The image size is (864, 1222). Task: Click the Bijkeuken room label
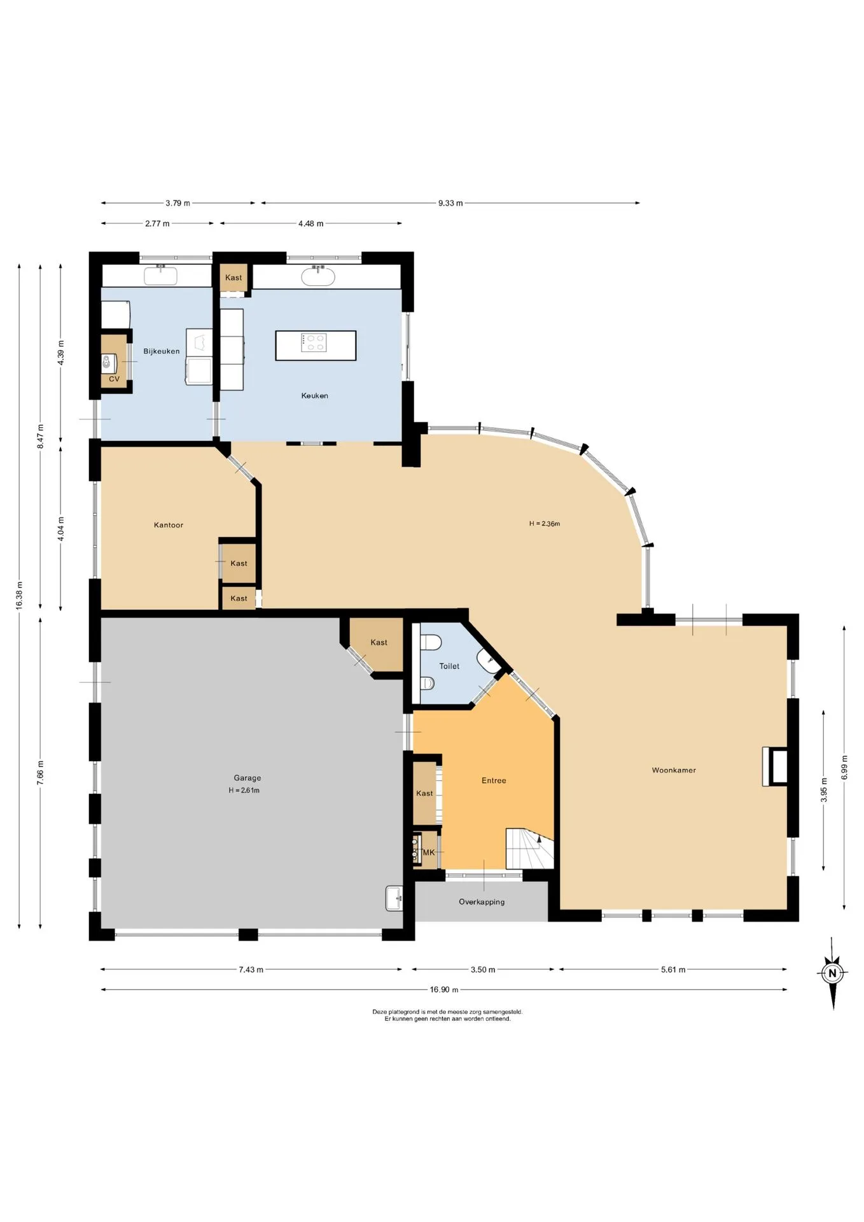161,351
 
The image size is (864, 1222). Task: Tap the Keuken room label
314,396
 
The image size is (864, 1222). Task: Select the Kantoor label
169,525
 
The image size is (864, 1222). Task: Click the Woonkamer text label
674,770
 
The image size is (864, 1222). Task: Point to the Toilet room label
449,666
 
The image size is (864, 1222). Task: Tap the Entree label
494,780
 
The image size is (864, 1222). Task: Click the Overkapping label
482,902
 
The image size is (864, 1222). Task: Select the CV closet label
115,379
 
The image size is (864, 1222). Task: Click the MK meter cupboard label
429,852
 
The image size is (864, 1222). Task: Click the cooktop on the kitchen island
314,342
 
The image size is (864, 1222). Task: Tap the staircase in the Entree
529,848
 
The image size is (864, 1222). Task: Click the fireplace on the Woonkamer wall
775,766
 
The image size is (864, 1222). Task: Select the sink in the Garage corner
394,899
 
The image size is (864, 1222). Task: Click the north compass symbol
832,973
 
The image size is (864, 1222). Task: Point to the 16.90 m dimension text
444,990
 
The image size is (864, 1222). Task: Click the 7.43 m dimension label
251,970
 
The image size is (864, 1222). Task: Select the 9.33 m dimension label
450,203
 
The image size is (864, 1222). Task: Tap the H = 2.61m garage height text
244,790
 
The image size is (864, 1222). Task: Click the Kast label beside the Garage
379,643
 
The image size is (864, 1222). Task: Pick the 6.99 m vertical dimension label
845,768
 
